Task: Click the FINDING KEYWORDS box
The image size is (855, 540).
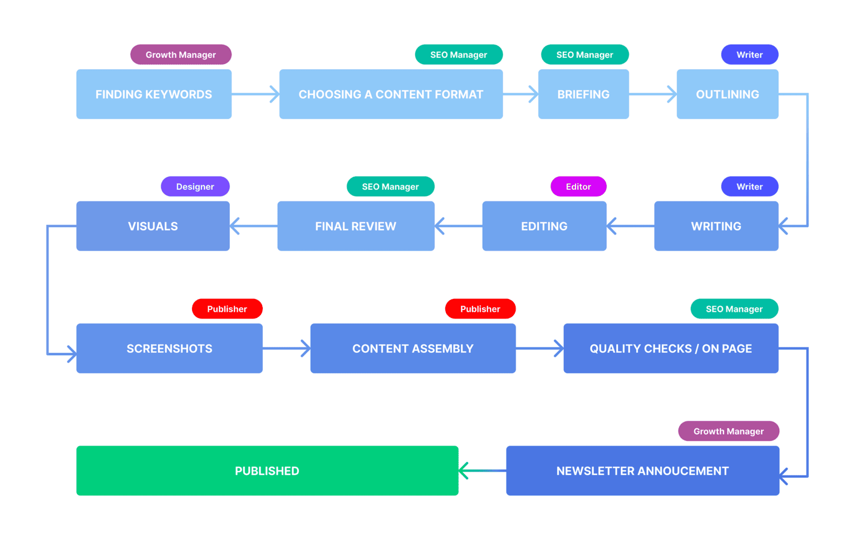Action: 154,94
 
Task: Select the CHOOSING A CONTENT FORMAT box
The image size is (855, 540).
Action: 391,94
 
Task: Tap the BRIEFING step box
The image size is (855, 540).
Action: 583,94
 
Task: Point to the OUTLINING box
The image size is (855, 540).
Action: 727,94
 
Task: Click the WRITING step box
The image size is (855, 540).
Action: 716,226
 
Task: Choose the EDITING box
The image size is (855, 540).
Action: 544,226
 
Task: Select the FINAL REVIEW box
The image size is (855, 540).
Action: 356,226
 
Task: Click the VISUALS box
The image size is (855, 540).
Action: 153,226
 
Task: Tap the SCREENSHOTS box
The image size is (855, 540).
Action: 169,348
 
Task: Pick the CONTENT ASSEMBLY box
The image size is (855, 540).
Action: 412,348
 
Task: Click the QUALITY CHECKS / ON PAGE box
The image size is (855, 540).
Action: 671,348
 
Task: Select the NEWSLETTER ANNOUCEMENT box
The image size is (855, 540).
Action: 642,471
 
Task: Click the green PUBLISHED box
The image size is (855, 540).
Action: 267,471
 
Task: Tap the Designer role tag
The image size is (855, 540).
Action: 195,186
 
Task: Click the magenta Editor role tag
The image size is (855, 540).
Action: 578,186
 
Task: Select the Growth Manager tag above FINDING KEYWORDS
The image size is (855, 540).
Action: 180,55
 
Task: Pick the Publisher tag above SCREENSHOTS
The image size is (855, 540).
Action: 227,309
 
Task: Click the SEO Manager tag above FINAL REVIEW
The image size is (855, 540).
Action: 390,186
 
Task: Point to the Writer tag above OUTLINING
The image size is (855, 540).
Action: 749,55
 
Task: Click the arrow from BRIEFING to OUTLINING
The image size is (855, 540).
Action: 652,94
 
